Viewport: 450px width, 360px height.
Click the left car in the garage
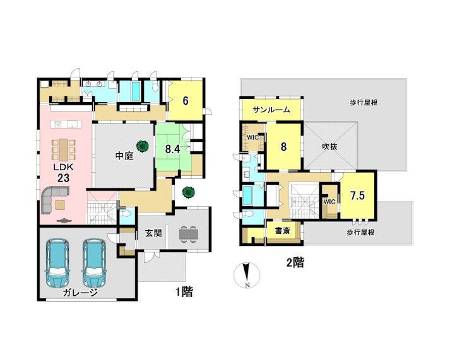pyautogui.click(x=57, y=263)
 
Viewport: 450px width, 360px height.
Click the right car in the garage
pyautogui.click(x=95, y=263)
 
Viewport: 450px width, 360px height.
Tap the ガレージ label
pyautogui.click(x=80, y=293)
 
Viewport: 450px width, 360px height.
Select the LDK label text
pyautogui.click(x=63, y=167)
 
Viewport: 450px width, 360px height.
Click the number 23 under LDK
pyautogui.click(x=63, y=178)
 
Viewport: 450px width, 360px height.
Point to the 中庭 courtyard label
pyautogui.click(x=124, y=156)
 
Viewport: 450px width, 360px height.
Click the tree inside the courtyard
pyautogui.click(x=142, y=146)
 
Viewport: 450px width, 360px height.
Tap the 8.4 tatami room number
pyautogui.click(x=172, y=149)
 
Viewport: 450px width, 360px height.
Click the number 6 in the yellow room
pyautogui.click(x=186, y=101)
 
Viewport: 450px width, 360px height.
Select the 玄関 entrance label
pyautogui.click(x=153, y=233)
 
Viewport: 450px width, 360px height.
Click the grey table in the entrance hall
pyautogui.click(x=189, y=234)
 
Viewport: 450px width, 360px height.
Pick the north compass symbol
pyautogui.click(x=247, y=275)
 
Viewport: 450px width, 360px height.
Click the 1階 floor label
pyautogui.click(x=184, y=292)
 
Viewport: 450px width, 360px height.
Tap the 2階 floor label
pyautogui.click(x=295, y=262)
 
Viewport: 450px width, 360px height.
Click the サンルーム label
pyautogui.click(x=271, y=110)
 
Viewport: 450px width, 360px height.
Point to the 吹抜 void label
pyautogui.click(x=329, y=147)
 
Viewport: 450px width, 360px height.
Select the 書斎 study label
pyautogui.click(x=282, y=231)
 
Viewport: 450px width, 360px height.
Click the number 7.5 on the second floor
pyautogui.click(x=357, y=195)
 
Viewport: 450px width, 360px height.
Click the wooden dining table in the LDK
pyautogui.click(x=63, y=149)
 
